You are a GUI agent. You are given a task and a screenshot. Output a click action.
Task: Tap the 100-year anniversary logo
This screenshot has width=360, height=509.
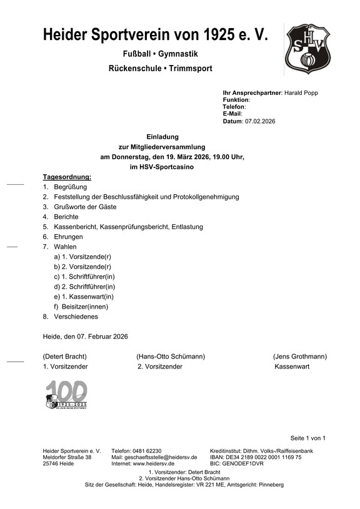(x=66, y=395)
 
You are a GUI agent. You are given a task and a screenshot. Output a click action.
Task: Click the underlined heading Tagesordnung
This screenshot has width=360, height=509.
(x=67, y=177)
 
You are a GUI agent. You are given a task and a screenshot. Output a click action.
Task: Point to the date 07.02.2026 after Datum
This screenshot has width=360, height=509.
(x=261, y=121)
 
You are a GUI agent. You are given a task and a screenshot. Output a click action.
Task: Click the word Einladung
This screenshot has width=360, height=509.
(x=162, y=136)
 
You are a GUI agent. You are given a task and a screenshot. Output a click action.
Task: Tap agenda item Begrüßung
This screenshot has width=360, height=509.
(x=70, y=187)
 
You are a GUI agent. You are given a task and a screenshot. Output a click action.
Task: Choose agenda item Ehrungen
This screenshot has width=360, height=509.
(x=68, y=237)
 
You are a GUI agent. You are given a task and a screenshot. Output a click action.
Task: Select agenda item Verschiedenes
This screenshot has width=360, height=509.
(x=77, y=317)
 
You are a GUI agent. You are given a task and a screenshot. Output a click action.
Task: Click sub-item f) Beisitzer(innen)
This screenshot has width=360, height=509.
(x=82, y=307)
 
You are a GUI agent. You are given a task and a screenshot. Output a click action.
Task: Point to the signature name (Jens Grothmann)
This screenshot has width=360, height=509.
(x=299, y=357)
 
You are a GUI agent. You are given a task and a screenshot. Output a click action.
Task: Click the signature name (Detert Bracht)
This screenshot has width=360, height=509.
(x=64, y=357)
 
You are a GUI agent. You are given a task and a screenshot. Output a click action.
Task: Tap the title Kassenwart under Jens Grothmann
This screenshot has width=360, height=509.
(x=292, y=367)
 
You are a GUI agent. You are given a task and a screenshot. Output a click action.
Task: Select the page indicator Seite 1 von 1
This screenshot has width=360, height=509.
(x=307, y=438)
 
